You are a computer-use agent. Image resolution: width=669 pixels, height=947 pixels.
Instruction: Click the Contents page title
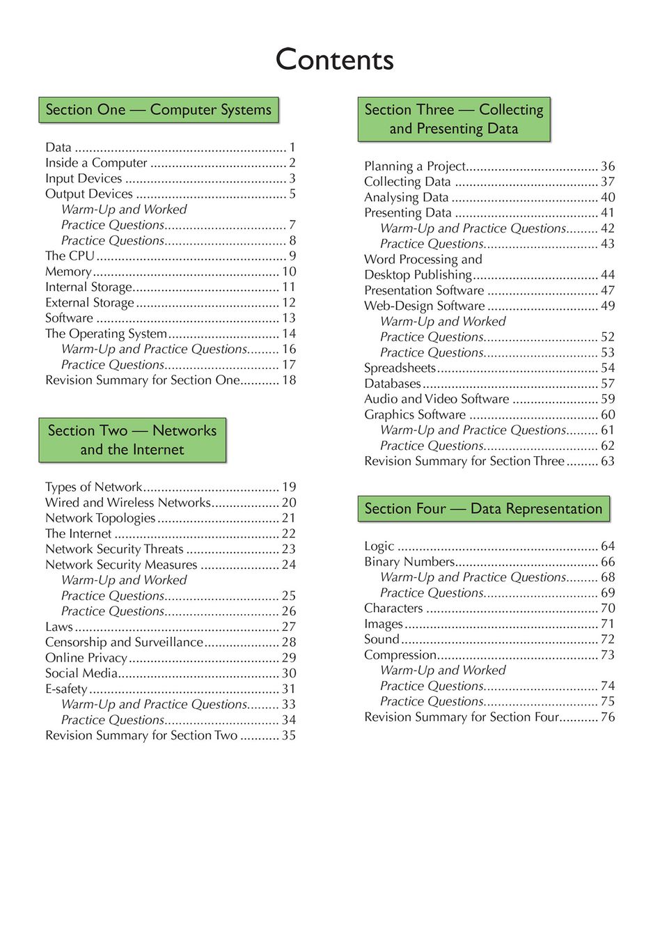(334, 60)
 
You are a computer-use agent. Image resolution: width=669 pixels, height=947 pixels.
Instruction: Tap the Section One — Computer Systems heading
(159, 110)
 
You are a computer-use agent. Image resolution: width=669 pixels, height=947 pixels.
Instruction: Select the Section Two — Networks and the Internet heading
(132, 440)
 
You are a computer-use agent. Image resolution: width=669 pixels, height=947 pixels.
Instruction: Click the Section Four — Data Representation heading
(483, 509)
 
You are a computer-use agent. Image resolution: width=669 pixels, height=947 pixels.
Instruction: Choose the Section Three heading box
(454, 119)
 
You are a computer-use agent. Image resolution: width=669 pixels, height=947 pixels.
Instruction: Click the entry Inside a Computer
(96, 163)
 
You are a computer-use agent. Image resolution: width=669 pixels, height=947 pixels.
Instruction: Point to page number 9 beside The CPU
(292, 256)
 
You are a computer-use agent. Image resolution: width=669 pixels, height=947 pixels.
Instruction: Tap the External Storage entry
(90, 303)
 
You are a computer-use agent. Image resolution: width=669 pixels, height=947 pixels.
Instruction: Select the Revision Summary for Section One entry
(142, 380)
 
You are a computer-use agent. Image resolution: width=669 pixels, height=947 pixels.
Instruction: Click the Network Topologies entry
(100, 518)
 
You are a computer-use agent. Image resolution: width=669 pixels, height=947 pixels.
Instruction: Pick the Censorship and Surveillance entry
(124, 642)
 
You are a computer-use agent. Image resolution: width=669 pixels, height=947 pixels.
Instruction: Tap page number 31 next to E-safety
(289, 689)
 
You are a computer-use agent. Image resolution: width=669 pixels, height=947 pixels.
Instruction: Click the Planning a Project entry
(415, 166)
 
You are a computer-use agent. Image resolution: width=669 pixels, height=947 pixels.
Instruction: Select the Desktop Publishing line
(418, 275)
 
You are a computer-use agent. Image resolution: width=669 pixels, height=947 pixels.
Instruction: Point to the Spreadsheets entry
(400, 368)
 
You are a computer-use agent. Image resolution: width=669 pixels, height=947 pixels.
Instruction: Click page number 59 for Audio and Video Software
(608, 399)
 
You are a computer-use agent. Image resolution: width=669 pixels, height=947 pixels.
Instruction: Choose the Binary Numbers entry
(409, 562)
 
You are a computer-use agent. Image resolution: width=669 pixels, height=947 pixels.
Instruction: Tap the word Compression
(400, 655)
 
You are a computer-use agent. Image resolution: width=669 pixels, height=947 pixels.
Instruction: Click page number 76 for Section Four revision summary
(608, 717)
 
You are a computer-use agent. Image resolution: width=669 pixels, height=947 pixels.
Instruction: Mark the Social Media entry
(81, 673)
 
